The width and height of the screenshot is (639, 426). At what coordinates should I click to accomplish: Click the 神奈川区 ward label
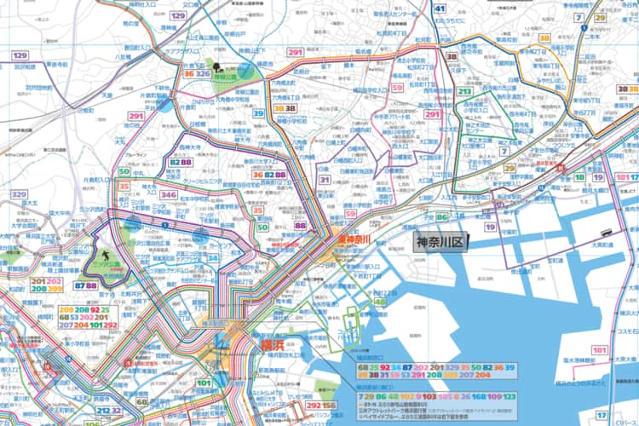coord(438,244)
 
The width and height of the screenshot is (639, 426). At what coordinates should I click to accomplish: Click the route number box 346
coord(169,196)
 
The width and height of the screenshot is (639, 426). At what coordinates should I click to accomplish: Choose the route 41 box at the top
coord(440,9)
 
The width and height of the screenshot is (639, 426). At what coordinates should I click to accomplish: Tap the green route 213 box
coord(465,91)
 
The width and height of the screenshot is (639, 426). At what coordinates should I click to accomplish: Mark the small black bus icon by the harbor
coord(605,232)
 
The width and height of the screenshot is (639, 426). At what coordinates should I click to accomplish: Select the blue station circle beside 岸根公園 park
coord(245,71)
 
